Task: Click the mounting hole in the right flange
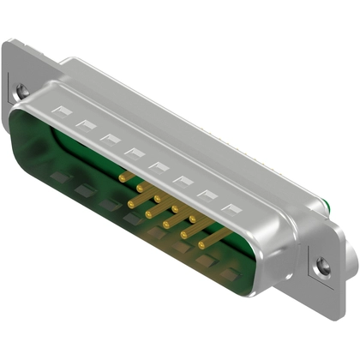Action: click(x=322, y=267)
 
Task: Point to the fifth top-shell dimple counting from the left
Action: click(x=158, y=166)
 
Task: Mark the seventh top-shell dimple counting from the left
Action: click(x=206, y=194)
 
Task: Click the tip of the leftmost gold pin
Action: click(x=121, y=178)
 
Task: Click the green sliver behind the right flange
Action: click(x=328, y=203)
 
